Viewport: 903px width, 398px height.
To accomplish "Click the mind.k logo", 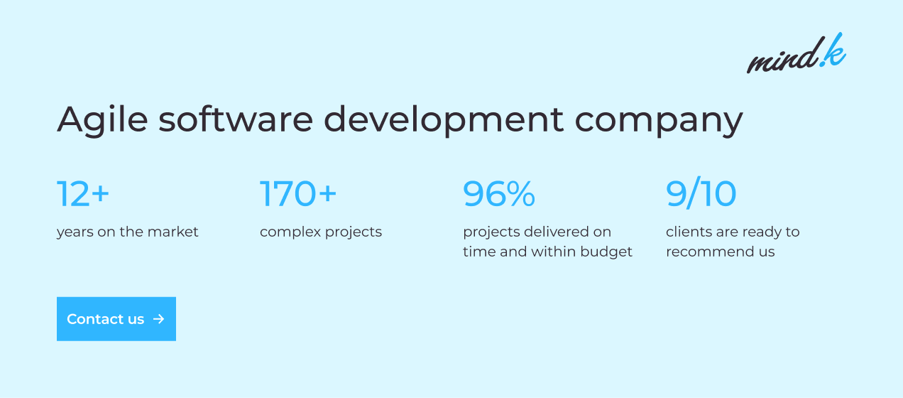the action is pyautogui.click(x=797, y=53).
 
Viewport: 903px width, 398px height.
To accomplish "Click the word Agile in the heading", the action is pyautogui.click(x=102, y=120).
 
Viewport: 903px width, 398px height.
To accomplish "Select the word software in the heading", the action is pyautogui.click(x=236, y=119).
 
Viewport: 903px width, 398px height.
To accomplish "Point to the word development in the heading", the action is pyautogui.click(x=444, y=120).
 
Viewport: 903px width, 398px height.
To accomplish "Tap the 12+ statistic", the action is pyautogui.click(x=83, y=194).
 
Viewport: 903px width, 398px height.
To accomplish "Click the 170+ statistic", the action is pyautogui.click(x=298, y=194).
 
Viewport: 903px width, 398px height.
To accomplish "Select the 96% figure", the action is pyautogui.click(x=499, y=194).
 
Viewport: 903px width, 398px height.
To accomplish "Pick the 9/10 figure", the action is pyautogui.click(x=701, y=193).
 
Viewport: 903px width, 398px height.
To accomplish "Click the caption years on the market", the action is pyautogui.click(x=127, y=232).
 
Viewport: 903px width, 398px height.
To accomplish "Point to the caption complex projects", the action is pyautogui.click(x=321, y=232).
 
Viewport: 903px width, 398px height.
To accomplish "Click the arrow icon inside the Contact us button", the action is pyautogui.click(x=159, y=319).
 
